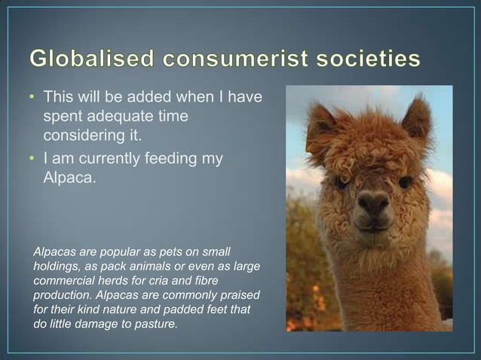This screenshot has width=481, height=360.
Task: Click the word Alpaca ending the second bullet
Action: tap(68, 178)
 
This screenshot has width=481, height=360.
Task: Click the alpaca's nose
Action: tap(373, 202)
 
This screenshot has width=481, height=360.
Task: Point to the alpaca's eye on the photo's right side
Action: tap(406, 182)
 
